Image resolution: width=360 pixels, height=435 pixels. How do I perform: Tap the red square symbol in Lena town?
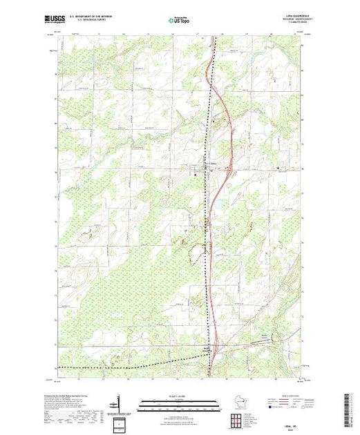pyautogui.click(x=194, y=174)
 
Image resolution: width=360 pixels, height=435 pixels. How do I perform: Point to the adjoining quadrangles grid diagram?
pyautogui.click(x=239, y=420)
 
